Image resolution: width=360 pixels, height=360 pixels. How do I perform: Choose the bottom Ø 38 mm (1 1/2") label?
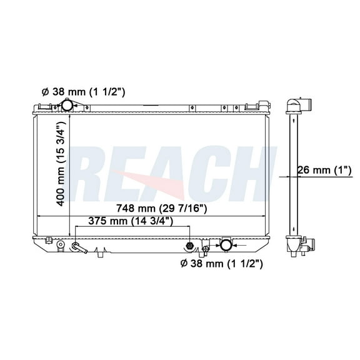click(x=221, y=263)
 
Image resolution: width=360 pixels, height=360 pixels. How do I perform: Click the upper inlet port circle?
click(x=67, y=106)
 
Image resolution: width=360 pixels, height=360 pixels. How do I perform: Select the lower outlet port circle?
click(x=225, y=244)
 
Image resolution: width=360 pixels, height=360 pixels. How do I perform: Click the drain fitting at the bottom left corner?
click(x=59, y=246)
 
